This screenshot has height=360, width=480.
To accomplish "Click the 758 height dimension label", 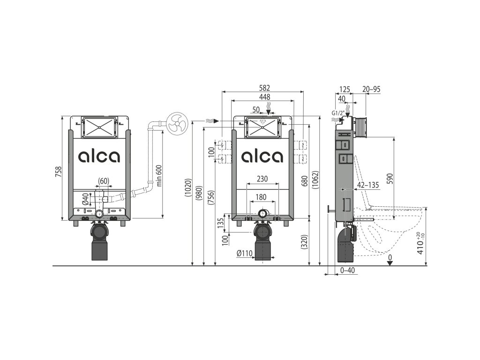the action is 59,172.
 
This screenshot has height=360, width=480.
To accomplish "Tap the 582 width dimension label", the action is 264,88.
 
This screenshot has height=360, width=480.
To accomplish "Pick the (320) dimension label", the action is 304,242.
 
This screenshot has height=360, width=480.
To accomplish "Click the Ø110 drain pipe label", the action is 244,253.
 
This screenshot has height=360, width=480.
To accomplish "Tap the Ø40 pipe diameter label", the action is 86,199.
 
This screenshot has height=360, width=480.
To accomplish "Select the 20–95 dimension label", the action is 371,89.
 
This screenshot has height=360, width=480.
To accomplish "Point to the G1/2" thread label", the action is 338,113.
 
